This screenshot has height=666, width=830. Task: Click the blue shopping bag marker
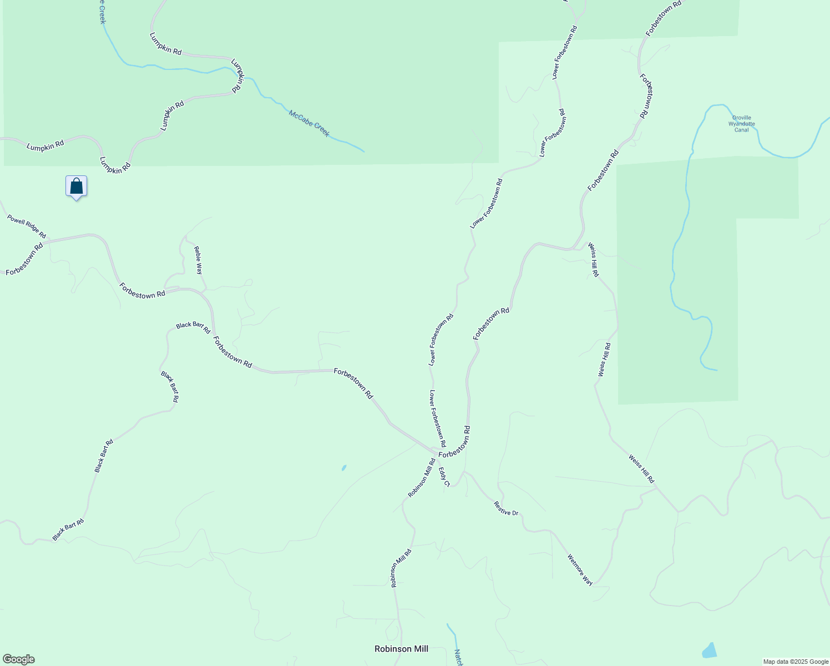tap(77, 186)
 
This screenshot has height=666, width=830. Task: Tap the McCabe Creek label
tap(309, 123)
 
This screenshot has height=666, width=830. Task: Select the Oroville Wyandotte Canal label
tap(742, 124)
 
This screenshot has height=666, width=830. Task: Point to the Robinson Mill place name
tap(401, 649)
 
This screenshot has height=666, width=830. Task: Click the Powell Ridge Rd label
tap(27, 226)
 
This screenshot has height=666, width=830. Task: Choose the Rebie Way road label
tap(198, 260)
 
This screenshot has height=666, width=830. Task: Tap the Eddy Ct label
tap(444, 477)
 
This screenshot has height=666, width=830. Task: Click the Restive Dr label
tap(506, 508)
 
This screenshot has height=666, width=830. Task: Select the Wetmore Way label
tap(580, 569)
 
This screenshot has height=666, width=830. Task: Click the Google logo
tap(18, 659)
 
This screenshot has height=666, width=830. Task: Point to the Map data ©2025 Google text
tap(795, 662)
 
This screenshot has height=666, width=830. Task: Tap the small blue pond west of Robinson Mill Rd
tap(344, 468)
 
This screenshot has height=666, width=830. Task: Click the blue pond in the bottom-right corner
tap(709, 650)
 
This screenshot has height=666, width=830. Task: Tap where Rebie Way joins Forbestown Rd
tap(206, 292)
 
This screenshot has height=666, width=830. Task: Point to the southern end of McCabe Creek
tap(364, 152)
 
